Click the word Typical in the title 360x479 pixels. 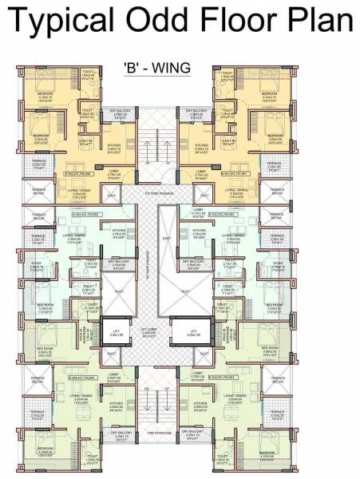(x=61, y=23)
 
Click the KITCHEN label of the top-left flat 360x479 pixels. (x=113, y=144)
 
